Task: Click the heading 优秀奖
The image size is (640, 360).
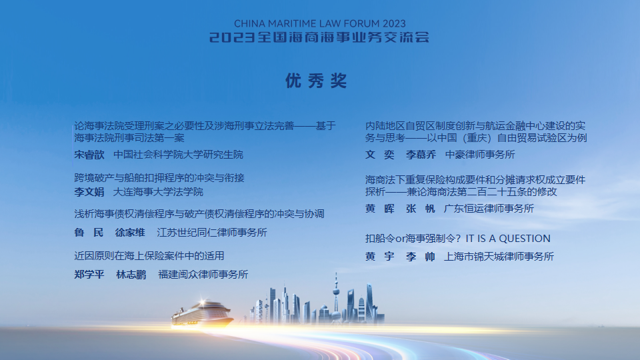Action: [x=316, y=81]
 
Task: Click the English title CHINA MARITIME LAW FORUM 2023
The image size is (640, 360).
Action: [x=320, y=24]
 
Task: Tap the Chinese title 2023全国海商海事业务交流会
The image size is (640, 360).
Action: [x=319, y=37]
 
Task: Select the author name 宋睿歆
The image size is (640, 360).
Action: [x=89, y=155]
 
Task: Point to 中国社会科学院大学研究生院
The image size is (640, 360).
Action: [x=179, y=155]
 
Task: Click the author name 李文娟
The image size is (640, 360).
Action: [x=89, y=192]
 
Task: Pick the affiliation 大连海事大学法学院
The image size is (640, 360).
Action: [x=158, y=192]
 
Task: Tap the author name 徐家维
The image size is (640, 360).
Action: [x=130, y=233]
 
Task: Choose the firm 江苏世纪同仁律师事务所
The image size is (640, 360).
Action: [x=212, y=233]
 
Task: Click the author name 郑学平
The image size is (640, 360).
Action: [x=89, y=275]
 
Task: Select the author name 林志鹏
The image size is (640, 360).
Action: [x=131, y=275]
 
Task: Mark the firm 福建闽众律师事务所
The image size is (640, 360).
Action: [x=203, y=275]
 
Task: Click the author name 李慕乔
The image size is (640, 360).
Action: [x=421, y=155]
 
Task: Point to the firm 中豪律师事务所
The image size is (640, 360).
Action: [x=480, y=155]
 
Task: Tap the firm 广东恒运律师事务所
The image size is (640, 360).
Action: [x=489, y=209]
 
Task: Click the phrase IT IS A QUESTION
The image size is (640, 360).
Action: [x=508, y=239]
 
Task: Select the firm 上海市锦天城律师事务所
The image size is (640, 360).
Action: [x=499, y=257]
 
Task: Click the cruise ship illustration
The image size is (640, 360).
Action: [x=202, y=314]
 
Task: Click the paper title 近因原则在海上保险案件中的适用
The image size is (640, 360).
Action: [x=149, y=256]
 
